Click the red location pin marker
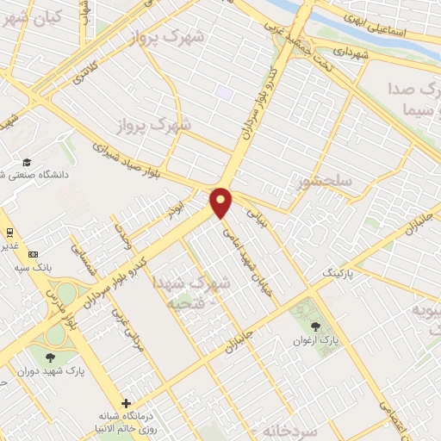222,202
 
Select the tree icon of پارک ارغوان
315,326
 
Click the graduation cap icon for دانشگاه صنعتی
27,163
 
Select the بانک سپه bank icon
33,254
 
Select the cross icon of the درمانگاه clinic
127,403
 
